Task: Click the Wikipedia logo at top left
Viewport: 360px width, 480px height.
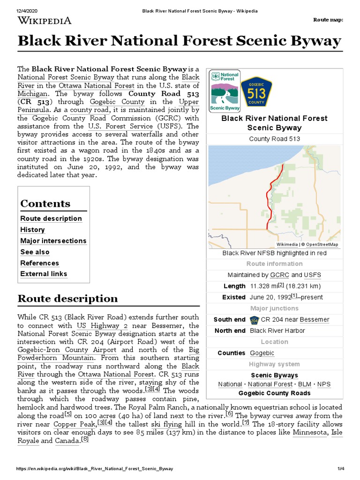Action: (x=45, y=20)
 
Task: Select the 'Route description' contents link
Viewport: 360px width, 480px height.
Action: (x=51, y=218)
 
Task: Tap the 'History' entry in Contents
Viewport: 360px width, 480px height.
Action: (x=32, y=230)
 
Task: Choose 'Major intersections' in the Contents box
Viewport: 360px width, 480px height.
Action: (x=53, y=241)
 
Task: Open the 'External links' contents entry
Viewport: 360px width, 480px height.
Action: (x=44, y=274)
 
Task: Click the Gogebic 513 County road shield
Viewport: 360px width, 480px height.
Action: (x=256, y=90)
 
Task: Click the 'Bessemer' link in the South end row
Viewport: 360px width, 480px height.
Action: (x=314, y=320)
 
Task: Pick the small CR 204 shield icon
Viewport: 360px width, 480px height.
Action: (x=255, y=320)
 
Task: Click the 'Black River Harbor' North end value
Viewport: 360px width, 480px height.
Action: (x=277, y=330)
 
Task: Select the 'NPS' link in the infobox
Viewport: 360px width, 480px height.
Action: (x=323, y=384)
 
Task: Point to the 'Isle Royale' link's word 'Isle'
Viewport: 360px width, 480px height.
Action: (x=337, y=432)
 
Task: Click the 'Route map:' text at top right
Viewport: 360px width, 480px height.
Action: (x=328, y=20)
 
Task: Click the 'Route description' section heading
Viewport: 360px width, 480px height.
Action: (x=67, y=299)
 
